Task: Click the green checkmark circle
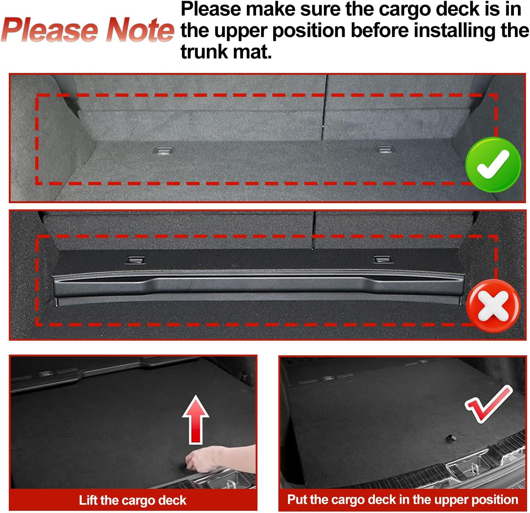coord(493,165)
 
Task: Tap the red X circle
coord(493,305)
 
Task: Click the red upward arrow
coord(196,419)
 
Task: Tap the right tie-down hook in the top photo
coord(384,149)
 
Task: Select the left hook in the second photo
coord(135,260)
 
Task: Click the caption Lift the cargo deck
coord(132,500)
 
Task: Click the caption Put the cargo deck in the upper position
coord(402,499)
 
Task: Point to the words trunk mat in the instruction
coord(226,51)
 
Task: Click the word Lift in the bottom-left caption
coord(88,500)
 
